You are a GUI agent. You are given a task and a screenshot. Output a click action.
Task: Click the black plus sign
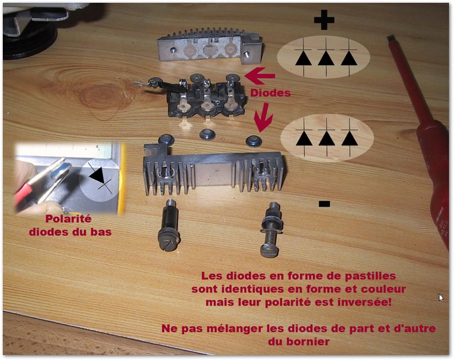tap(324, 20)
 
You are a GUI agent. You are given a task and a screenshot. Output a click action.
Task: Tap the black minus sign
tap(324, 204)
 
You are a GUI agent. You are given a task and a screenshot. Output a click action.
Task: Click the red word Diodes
tap(271, 93)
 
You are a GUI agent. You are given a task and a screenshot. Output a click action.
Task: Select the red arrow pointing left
tap(260, 75)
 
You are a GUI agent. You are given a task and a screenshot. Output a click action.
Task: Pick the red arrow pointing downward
tap(263, 118)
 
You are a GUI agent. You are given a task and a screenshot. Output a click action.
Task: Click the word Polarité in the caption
tap(69, 219)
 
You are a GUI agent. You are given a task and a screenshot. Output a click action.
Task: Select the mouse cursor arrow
tap(441, 298)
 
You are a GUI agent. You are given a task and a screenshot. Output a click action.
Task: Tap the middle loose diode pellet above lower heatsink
tap(207, 134)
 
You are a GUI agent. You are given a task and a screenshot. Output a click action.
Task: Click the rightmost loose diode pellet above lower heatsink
tap(254, 140)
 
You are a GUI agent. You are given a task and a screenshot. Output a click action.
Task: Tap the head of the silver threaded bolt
tap(269, 250)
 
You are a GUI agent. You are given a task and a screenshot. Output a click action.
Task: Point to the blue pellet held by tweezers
tap(61, 170)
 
